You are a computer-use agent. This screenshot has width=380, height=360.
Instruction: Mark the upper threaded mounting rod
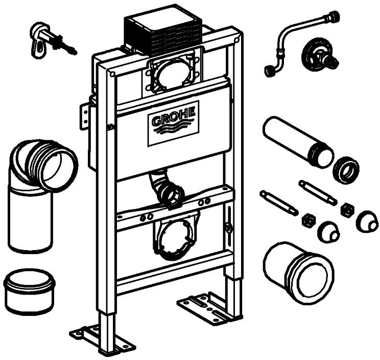[x=317, y=192]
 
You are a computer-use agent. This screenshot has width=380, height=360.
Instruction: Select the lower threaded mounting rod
[x=279, y=202]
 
